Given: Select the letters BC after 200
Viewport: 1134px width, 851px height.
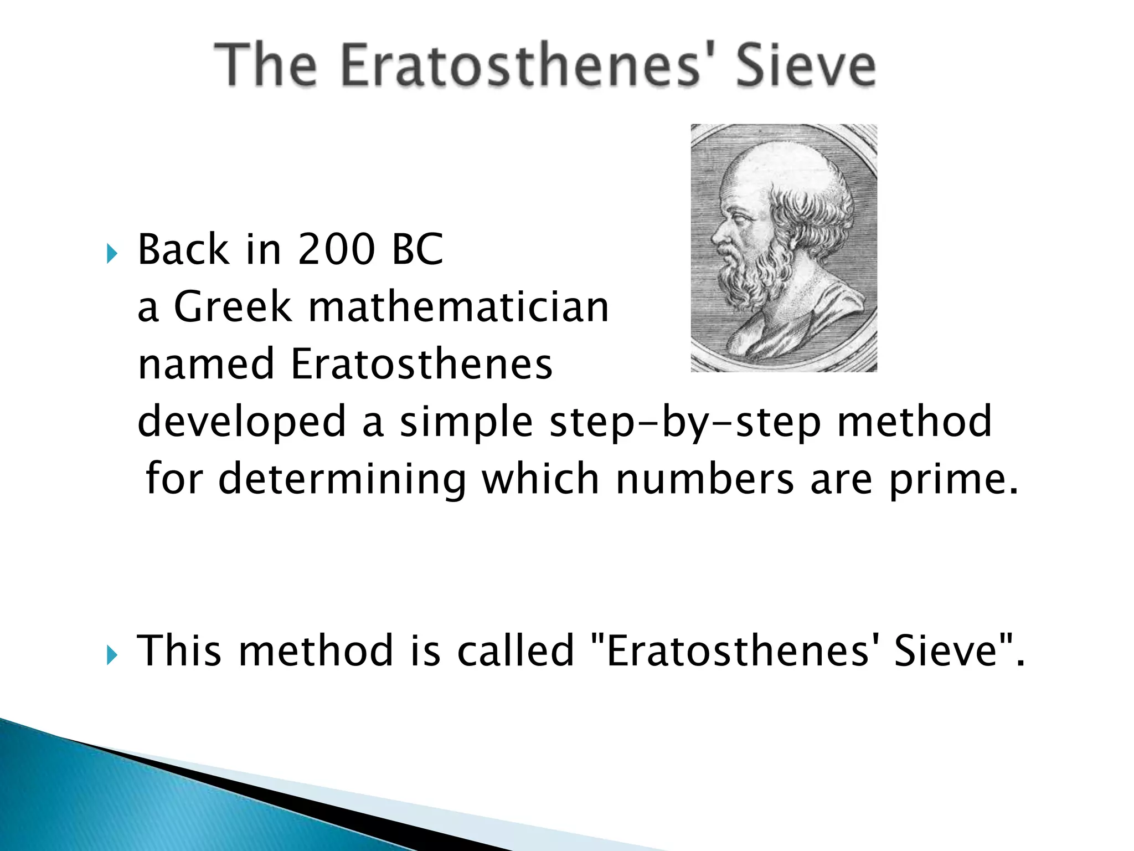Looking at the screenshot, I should (x=417, y=249).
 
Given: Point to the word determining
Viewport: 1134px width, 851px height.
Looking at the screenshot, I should (x=342, y=480).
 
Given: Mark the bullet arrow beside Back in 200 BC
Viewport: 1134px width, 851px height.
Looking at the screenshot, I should (x=112, y=254).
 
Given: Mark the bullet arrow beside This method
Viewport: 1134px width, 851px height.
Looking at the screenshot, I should (x=112, y=657).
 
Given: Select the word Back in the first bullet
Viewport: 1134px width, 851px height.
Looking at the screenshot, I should (x=183, y=249).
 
